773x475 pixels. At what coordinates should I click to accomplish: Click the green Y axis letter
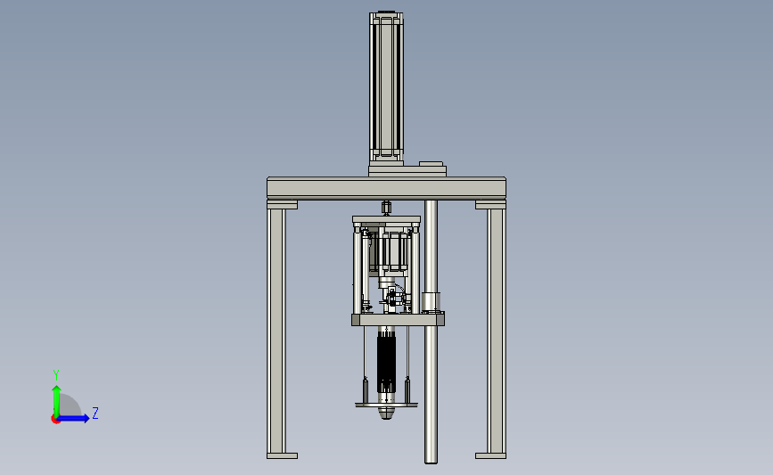click(x=56, y=375)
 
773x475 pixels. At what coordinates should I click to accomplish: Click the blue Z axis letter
click(x=95, y=413)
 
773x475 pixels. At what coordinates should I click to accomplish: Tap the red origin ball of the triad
click(x=55, y=420)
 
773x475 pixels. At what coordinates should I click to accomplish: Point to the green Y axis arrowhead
click(x=57, y=389)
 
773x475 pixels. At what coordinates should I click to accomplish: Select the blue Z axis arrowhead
click(x=86, y=418)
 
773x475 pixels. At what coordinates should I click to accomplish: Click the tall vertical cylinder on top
click(x=386, y=87)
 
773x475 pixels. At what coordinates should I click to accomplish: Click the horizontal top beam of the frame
click(x=387, y=188)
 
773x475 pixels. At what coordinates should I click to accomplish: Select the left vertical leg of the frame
click(x=276, y=330)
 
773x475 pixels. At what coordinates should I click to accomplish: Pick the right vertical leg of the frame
click(x=497, y=330)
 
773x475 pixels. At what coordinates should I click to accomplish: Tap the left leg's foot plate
click(x=282, y=455)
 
